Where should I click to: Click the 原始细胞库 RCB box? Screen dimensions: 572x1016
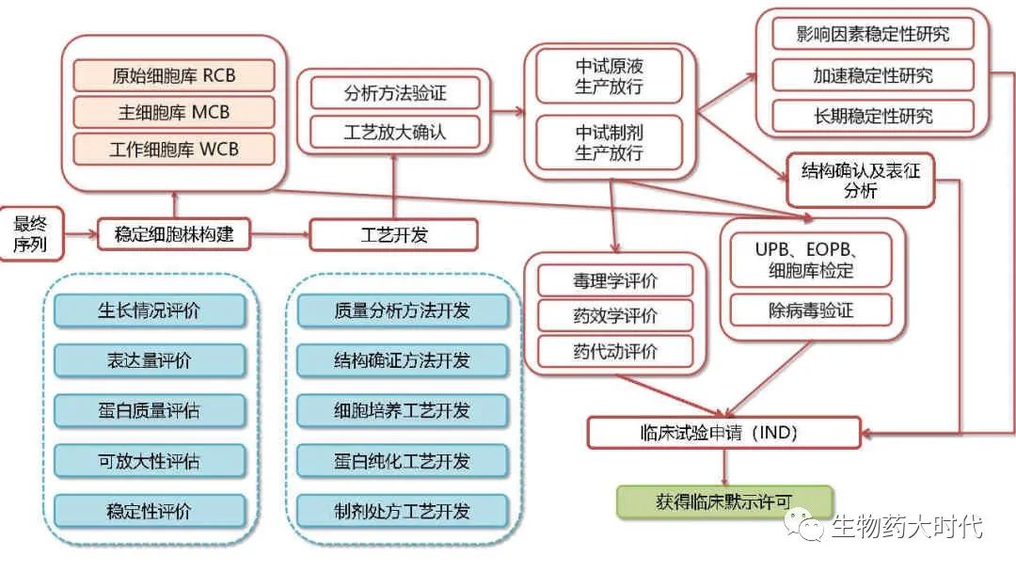(x=174, y=76)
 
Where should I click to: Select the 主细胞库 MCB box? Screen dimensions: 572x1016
(x=174, y=113)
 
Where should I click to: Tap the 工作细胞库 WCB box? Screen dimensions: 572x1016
(x=174, y=150)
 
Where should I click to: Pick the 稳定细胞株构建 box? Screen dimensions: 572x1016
(x=174, y=233)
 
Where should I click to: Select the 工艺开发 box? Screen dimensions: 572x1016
(x=393, y=234)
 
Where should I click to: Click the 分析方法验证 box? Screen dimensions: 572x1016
(x=394, y=93)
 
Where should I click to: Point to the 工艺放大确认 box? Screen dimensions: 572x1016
(x=394, y=132)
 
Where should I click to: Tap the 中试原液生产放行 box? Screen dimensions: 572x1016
(x=610, y=78)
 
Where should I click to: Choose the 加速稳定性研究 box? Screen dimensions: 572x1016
(x=872, y=75)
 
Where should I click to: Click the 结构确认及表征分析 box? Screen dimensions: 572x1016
(x=861, y=181)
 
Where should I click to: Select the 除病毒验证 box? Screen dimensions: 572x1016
(x=810, y=310)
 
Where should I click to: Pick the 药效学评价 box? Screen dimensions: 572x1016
(x=615, y=316)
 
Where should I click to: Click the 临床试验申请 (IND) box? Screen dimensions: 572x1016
(x=723, y=433)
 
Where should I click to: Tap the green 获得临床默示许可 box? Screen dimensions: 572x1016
(x=724, y=500)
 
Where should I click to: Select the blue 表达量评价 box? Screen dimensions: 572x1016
(x=150, y=359)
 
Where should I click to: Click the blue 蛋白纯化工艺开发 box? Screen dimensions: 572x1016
(x=402, y=461)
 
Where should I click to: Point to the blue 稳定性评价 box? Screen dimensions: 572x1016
(x=150, y=512)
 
